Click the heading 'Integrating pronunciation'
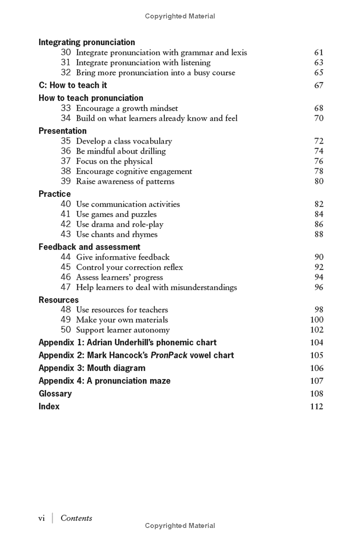coord(86,42)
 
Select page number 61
coord(319,53)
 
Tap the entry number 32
coord(66,72)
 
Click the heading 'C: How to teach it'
coord(72,85)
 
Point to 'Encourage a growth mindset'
coord(127,108)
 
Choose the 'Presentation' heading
coord(63,131)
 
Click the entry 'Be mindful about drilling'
coord(121,151)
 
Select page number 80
coord(319,181)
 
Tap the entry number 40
coord(66,204)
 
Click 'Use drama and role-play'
coord(120,224)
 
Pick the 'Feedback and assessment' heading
coord(89,247)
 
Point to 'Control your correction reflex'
coord(129,267)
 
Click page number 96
coord(319,287)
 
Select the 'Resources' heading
coord(58,300)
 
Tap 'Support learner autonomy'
coord(123,330)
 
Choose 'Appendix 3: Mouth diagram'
coord(92,368)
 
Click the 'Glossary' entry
coord(55,394)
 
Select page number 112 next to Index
coord(317,406)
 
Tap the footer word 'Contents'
coord(76,518)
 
